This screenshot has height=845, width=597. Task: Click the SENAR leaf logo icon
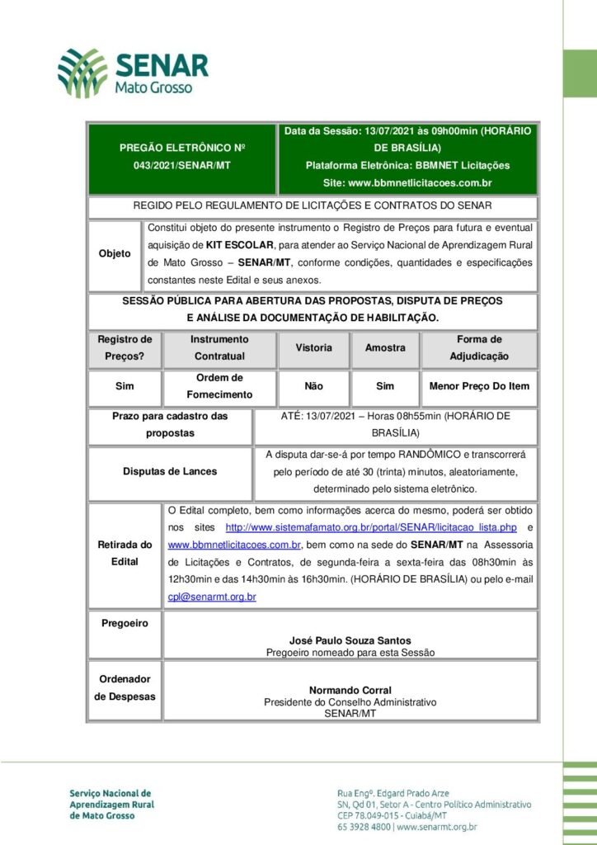[x=82, y=73]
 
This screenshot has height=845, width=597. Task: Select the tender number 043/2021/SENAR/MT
[x=182, y=166]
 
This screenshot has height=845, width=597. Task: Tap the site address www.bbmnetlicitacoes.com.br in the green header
[x=419, y=182]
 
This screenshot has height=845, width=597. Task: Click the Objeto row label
[x=115, y=253]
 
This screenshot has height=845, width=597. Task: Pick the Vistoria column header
[x=313, y=348]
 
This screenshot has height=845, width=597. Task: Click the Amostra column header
[x=385, y=348]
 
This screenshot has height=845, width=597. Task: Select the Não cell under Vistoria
[x=313, y=386]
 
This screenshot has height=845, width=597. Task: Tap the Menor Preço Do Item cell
[x=479, y=386]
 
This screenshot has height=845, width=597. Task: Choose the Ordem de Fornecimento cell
[x=219, y=386]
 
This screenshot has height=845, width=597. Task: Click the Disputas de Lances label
[x=170, y=471]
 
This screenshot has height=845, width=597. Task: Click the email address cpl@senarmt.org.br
[x=212, y=597]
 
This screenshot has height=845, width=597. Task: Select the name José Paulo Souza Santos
[x=350, y=640]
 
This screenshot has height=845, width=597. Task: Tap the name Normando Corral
[x=350, y=690]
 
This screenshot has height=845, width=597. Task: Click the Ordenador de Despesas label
[x=125, y=687]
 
